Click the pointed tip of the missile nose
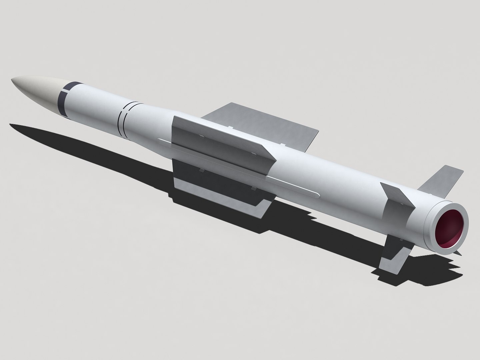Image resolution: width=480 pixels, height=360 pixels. [12, 80]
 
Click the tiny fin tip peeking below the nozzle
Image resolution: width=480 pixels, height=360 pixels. [459, 254]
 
